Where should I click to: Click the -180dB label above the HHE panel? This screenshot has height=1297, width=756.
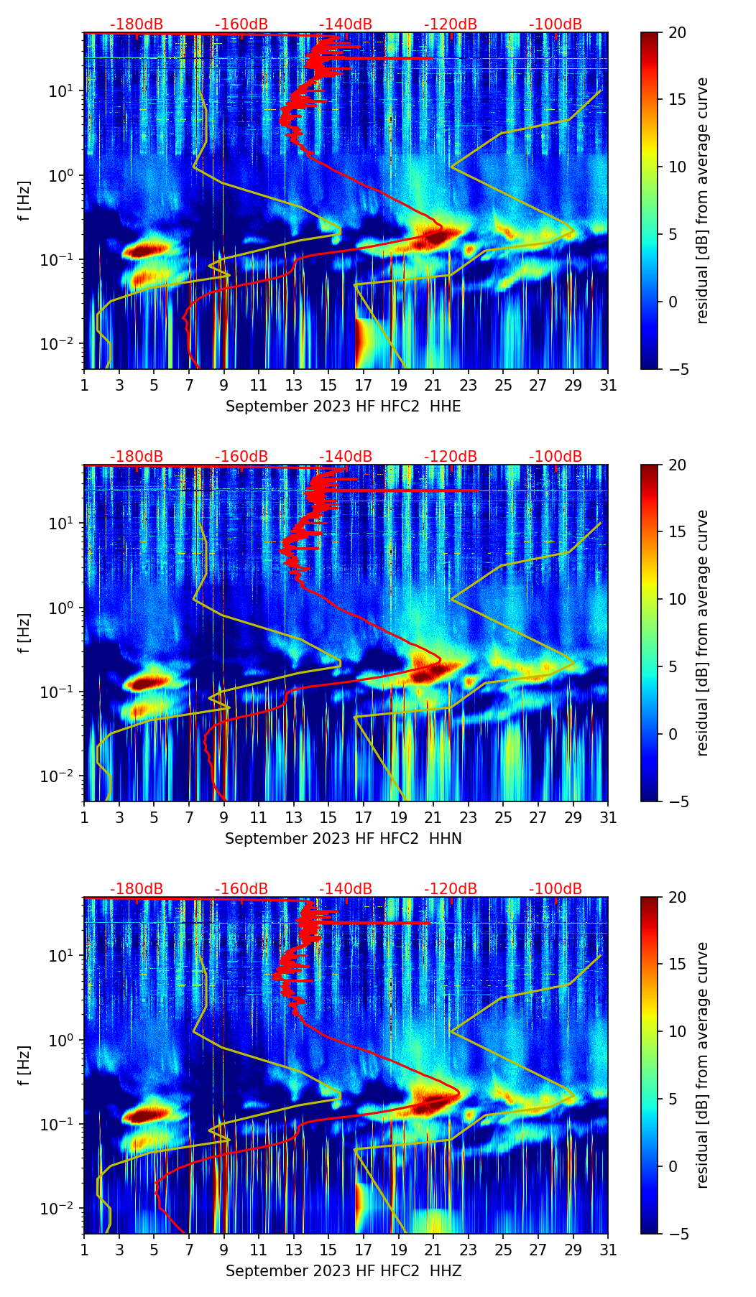tap(137, 24)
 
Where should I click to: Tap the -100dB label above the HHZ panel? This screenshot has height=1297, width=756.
tap(556, 889)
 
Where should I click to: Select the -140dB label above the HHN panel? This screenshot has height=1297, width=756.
tap(346, 457)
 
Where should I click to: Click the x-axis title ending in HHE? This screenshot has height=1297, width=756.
tap(344, 406)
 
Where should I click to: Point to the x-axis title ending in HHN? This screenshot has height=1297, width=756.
tap(344, 839)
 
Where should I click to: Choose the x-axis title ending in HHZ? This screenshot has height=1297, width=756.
tap(344, 1271)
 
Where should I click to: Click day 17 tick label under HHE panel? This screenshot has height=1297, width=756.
tap(364, 386)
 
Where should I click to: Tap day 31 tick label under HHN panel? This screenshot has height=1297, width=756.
tap(608, 818)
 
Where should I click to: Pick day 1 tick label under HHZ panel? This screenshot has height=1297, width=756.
tap(85, 1250)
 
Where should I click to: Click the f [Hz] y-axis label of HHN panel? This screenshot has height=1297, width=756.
tap(25, 633)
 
